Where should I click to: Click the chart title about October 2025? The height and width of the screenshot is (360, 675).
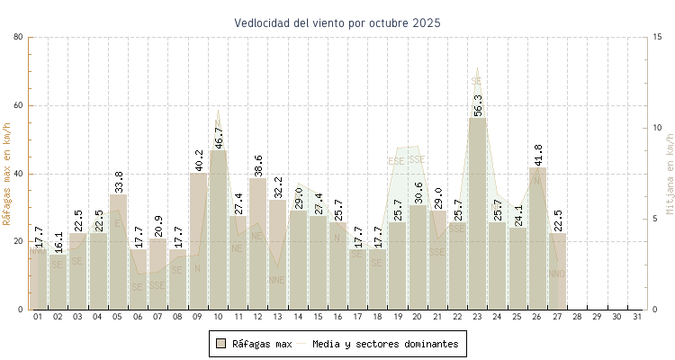click(x=337, y=22)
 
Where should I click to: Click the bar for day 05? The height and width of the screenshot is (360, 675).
click(x=118, y=252)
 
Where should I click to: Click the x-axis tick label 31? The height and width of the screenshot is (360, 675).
click(x=637, y=317)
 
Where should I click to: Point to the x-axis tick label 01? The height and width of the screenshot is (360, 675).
click(x=38, y=317)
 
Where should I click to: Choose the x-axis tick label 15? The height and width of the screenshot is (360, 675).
click(x=318, y=317)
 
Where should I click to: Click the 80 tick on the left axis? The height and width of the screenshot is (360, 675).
click(x=19, y=37)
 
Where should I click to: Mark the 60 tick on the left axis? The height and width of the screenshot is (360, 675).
click(x=19, y=105)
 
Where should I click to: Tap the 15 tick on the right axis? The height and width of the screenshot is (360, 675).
click(x=658, y=37)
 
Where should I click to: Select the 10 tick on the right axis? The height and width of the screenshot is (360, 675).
click(x=658, y=128)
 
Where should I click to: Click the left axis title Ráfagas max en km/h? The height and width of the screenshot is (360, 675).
click(x=7, y=173)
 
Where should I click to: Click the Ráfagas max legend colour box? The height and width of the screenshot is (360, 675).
click(x=220, y=343)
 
